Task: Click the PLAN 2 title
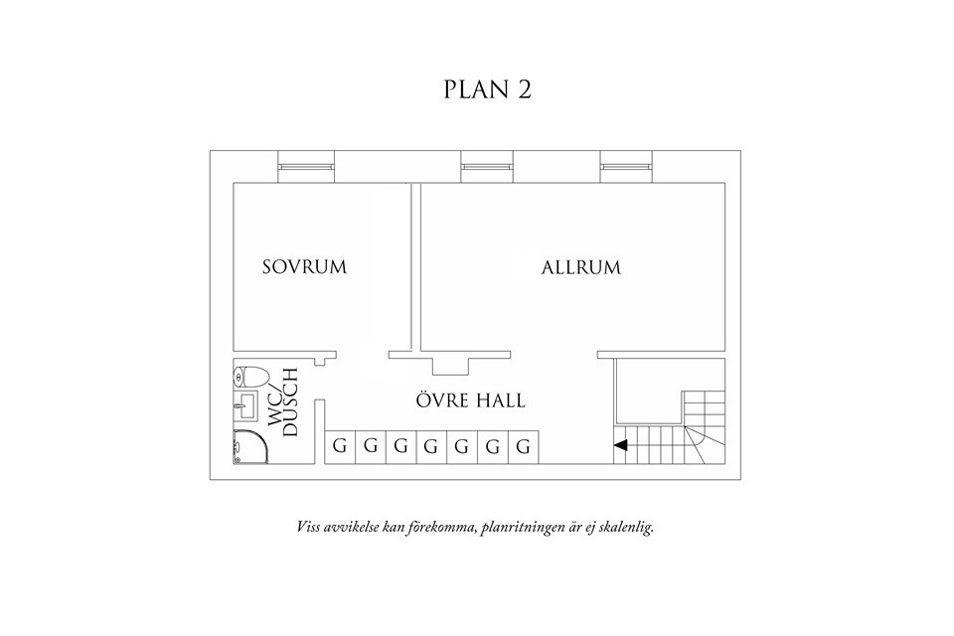pyautogui.click(x=487, y=89)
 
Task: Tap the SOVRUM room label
pyautogui.click(x=304, y=267)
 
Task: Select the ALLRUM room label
pyautogui.click(x=581, y=267)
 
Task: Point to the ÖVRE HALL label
pyautogui.click(x=470, y=401)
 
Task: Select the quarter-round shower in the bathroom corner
pyautogui.click(x=248, y=448)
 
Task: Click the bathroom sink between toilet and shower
pyautogui.click(x=239, y=405)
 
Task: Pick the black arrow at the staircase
pyautogui.click(x=621, y=446)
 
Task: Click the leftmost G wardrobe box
pyautogui.click(x=340, y=446)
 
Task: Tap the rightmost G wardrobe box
pyautogui.click(x=524, y=446)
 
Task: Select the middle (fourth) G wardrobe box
pyautogui.click(x=431, y=446)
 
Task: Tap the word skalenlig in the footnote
pyautogui.click(x=625, y=527)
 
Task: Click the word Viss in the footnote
pyautogui.click(x=309, y=527)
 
